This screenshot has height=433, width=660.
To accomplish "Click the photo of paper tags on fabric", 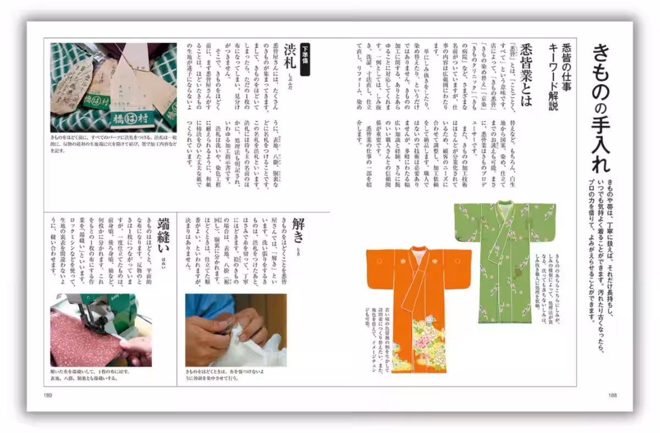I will [x=113, y=87].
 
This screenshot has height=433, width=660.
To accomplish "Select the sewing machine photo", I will [x=101, y=330].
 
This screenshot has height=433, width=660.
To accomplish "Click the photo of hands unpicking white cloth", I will [x=235, y=330].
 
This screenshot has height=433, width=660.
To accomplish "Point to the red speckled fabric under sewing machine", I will [x=82, y=341].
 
